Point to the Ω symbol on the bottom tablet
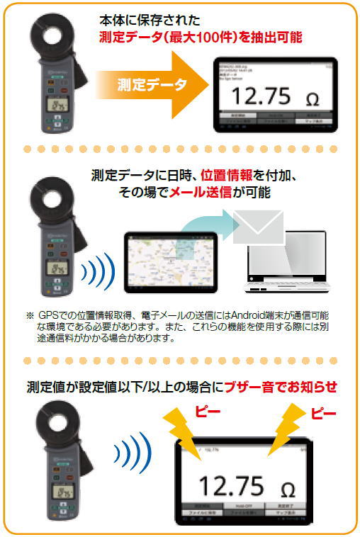tap(288, 489)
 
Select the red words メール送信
tap(198, 192)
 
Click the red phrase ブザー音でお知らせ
tap(280, 387)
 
